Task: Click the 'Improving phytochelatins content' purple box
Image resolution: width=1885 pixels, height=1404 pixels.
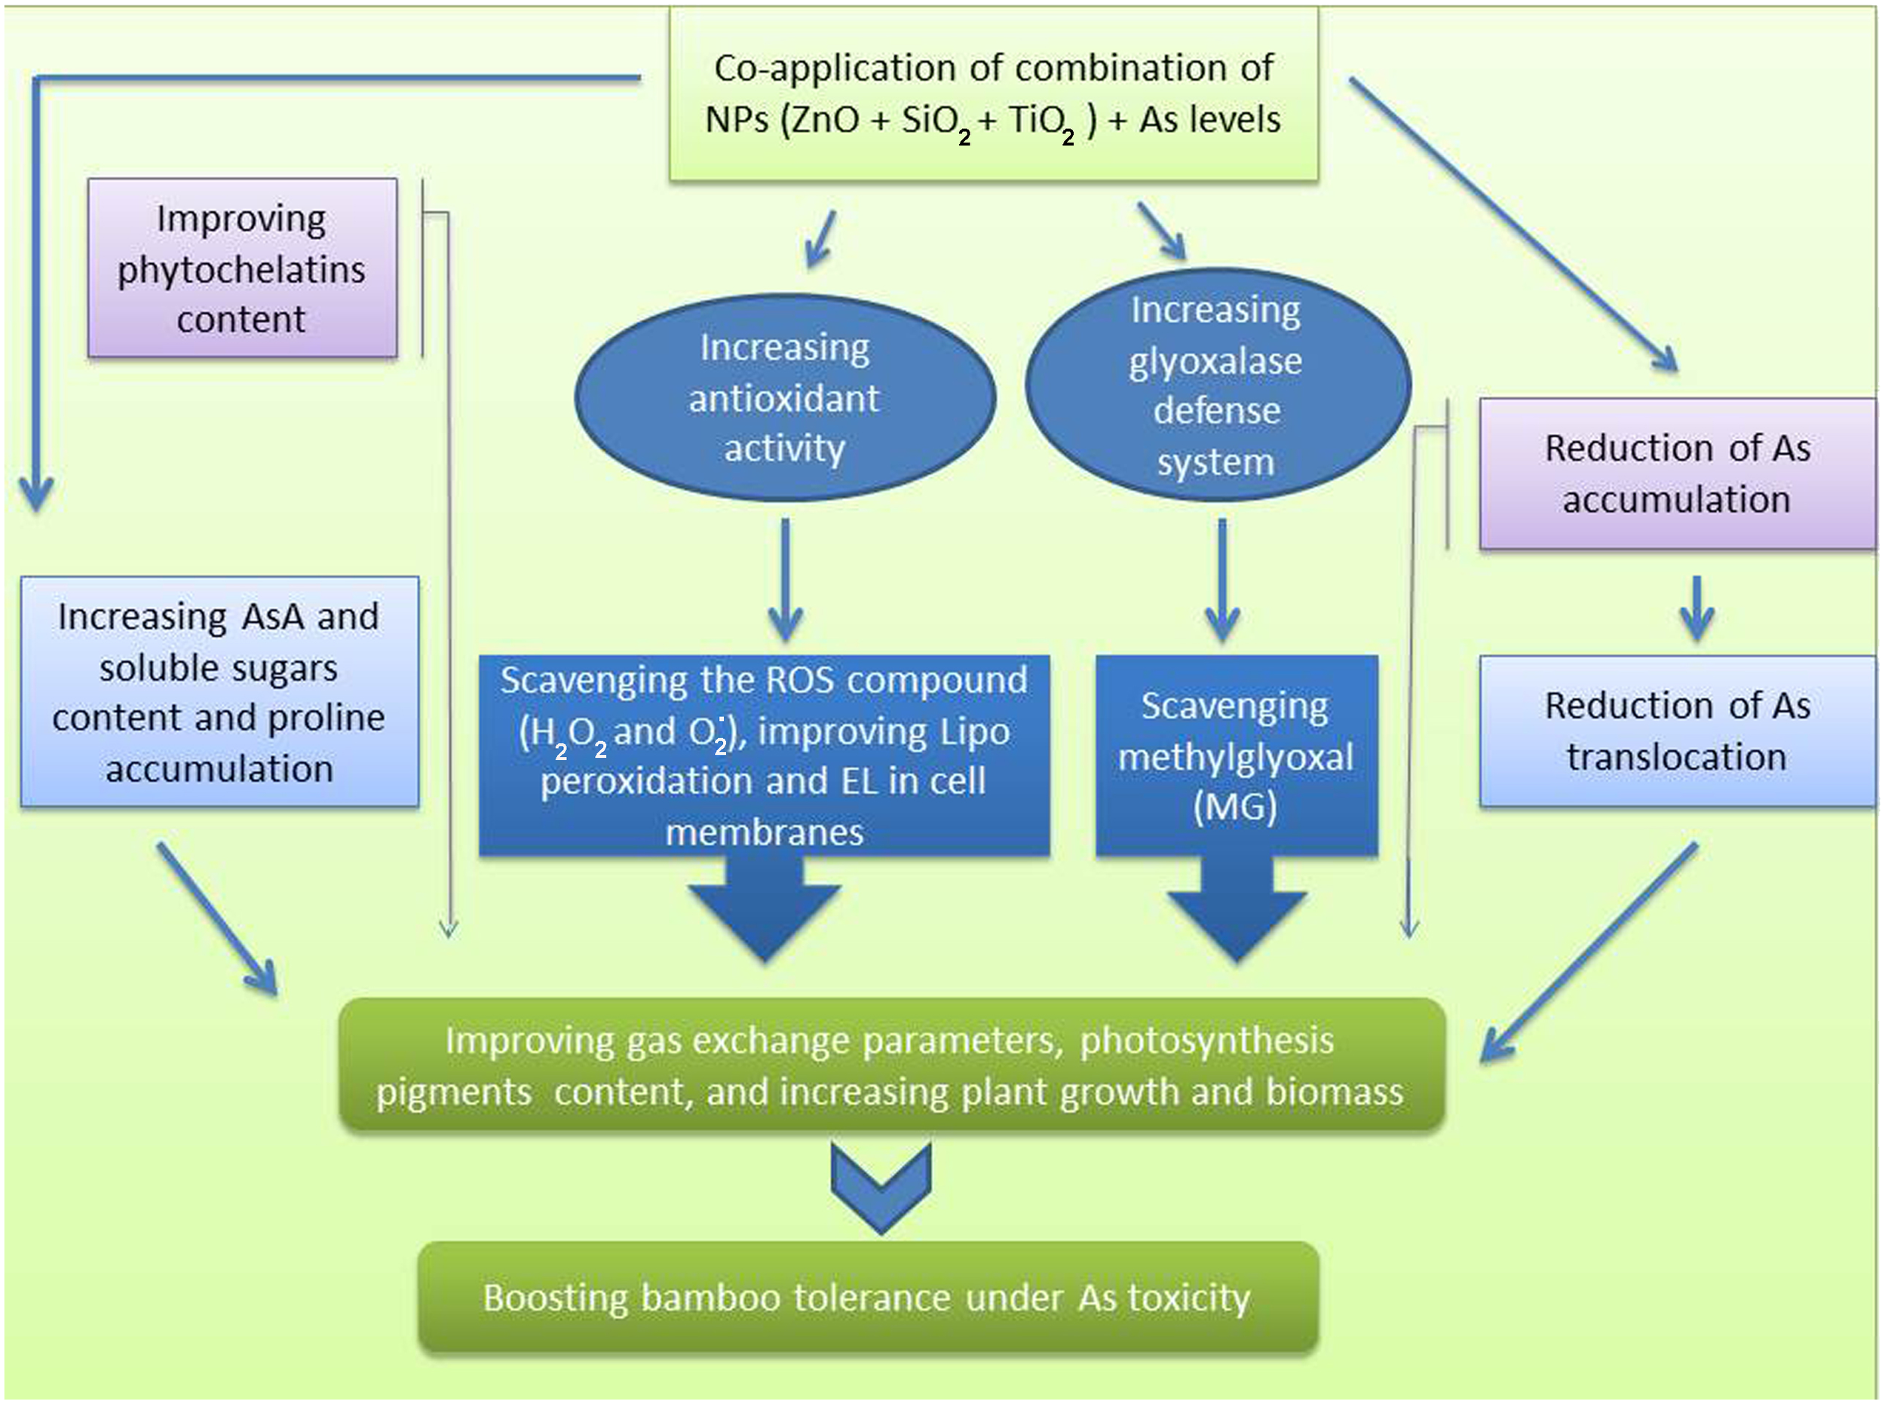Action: pos(242,268)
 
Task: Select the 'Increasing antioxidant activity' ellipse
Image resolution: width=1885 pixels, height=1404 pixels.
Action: pos(784,397)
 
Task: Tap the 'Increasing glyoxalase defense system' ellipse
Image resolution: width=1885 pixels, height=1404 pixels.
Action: pos(1217,385)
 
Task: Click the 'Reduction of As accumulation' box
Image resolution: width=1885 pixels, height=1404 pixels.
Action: pos(1677,474)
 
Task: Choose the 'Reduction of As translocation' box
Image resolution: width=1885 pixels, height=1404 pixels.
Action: pos(1677,731)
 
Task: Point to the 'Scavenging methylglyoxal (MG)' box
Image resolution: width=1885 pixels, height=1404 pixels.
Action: pos(1236,755)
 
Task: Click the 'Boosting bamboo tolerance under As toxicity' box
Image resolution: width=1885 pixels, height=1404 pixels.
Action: pos(867,1297)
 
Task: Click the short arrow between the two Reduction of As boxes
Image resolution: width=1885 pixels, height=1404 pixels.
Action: pos(1696,608)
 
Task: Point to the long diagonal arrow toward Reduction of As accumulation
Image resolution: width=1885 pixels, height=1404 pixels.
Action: pos(1513,225)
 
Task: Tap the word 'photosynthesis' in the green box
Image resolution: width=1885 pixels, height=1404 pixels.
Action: pos(1207,1041)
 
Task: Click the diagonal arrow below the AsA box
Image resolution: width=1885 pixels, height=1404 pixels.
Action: pos(216,918)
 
